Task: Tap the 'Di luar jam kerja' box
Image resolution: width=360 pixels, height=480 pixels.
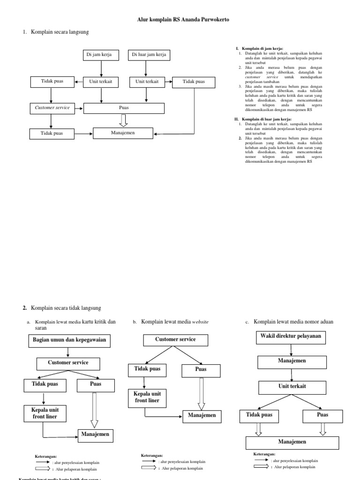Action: [x=147, y=55]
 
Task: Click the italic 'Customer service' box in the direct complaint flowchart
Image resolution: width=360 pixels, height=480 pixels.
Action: [x=52, y=108]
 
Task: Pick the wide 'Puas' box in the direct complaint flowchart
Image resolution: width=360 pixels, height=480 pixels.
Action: [x=124, y=108]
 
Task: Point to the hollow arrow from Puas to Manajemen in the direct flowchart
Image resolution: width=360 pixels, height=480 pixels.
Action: [x=123, y=120]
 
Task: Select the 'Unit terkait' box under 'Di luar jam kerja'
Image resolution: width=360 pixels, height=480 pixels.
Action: [x=147, y=82]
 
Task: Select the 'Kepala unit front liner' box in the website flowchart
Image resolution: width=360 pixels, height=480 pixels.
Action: [x=148, y=397]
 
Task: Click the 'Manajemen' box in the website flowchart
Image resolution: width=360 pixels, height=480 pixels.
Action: [x=202, y=416]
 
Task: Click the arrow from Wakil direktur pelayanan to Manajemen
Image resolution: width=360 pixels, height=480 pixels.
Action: [x=292, y=350]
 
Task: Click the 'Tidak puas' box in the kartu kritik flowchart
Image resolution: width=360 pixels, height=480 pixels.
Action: [x=45, y=385]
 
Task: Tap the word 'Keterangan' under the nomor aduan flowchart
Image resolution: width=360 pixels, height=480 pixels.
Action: [x=264, y=454]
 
